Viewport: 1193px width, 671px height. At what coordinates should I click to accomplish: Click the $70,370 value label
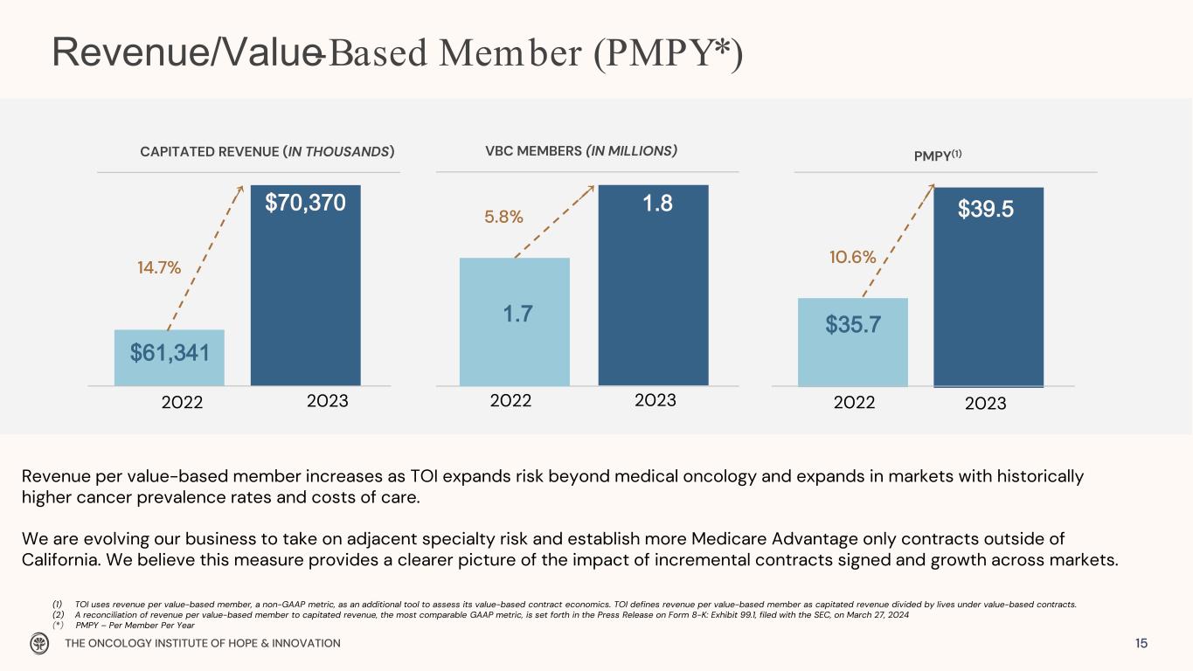[x=305, y=203]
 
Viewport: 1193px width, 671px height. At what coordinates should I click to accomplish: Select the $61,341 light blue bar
[x=170, y=358]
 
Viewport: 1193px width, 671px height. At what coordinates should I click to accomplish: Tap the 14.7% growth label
[x=159, y=267]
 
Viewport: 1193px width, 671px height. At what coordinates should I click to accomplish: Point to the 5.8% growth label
[x=503, y=217]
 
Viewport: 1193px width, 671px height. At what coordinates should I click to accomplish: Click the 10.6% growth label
[x=852, y=257]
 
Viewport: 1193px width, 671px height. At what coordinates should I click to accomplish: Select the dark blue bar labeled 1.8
[x=654, y=285]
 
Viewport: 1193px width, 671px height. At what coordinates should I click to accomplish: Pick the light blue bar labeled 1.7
[x=515, y=322]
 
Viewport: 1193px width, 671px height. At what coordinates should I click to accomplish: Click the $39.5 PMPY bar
[x=988, y=287]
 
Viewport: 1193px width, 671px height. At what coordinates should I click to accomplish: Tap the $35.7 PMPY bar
[x=853, y=342]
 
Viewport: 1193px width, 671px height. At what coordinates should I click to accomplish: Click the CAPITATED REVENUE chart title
[x=267, y=152]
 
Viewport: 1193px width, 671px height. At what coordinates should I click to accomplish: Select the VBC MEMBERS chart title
[x=581, y=151]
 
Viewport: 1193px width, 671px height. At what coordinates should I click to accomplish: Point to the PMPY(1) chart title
[x=938, y=156]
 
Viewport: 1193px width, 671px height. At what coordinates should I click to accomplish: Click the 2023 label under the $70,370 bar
[x=327, y=401]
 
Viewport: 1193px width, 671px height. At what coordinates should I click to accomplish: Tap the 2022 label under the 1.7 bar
[x=510, y=400]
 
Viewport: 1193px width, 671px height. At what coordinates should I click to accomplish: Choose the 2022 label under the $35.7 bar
[x=854, y=402]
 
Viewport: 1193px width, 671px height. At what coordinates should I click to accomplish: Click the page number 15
[x=1141, y=643]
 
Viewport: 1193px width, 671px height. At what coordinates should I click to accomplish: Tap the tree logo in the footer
[x=38, y=643]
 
